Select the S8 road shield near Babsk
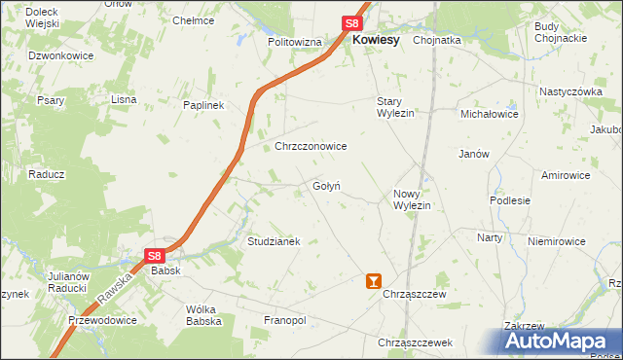point(155,255)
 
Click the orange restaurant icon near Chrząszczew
point(371,281)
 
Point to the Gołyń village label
point(326,186)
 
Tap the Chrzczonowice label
point(311,146)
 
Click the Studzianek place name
point(274,240)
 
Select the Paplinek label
point(204,105)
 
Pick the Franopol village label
point(285,319)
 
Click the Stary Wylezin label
point(396,107)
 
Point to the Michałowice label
point(490,114)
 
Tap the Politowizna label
point(295,43)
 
